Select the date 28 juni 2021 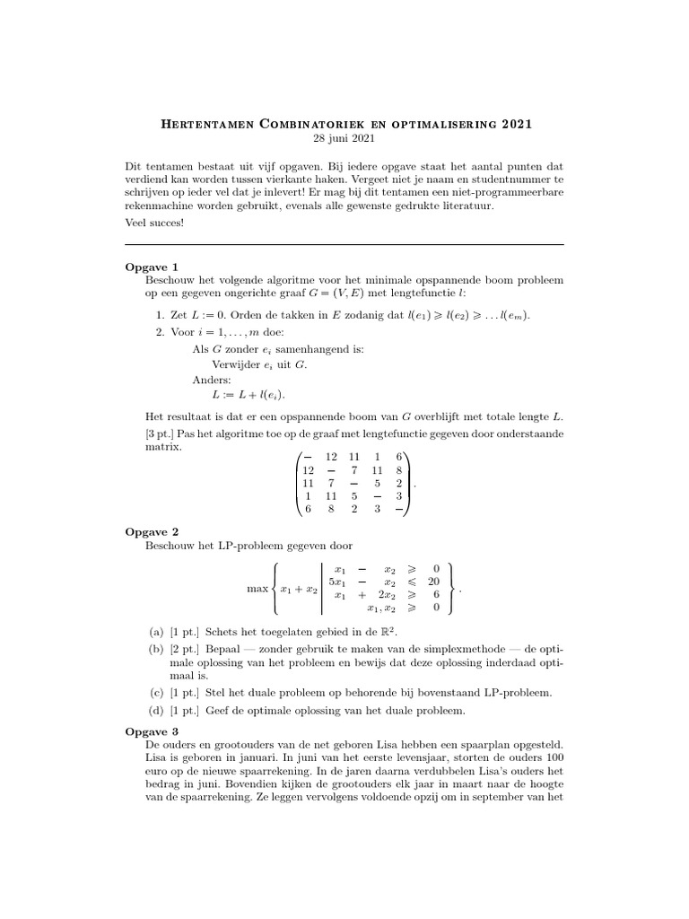pos(344,139)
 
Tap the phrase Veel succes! pos(154,223)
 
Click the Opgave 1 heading pos(152,267)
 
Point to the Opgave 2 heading pos(152,531)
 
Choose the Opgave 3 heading pos(152,732)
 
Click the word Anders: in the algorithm pos(212,380)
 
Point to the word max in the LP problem pos(257,590)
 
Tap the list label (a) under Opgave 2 pos(155,632)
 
